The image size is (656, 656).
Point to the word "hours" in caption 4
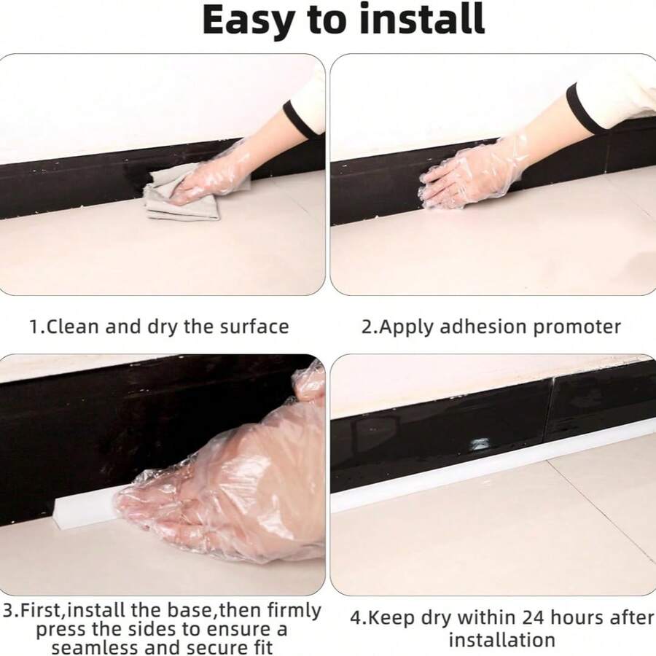click(x=579, y=617)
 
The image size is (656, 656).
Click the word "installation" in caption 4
click(x=502, y=640)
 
